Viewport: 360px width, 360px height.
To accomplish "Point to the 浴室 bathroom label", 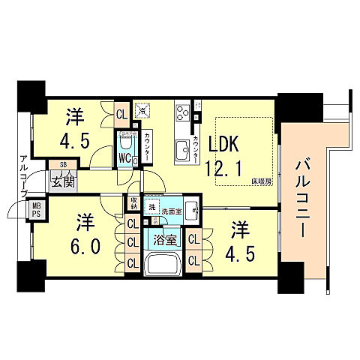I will tap(156, 242).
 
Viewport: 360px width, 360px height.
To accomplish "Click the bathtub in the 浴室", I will tap(160, 265).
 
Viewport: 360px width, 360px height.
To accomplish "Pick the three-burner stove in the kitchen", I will tap(182, 113).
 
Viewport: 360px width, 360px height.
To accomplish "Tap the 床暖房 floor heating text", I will tap(260, 181).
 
